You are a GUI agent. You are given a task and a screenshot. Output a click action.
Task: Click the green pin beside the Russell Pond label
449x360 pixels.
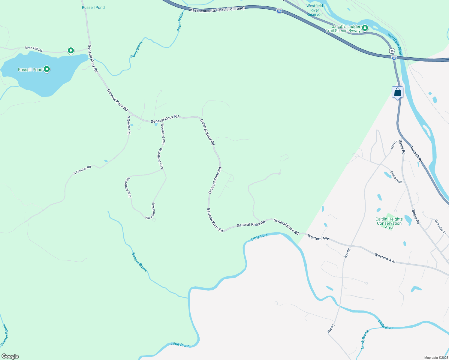[x=47, y=69]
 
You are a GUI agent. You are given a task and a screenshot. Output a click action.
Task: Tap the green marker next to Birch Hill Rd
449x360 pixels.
[x=71, y=51]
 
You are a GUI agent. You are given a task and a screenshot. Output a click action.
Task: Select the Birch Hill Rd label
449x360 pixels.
[x=33, y=49]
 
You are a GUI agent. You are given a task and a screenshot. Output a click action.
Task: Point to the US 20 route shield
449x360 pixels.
[x=392, y=51]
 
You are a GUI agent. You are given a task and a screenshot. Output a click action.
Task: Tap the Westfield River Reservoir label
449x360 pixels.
[x=315, y=10]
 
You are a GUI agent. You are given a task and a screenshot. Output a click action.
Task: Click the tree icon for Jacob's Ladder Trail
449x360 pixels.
[x=365, y=28]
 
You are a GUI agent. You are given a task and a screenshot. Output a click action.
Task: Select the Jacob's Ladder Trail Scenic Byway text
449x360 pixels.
[x=343, y=28]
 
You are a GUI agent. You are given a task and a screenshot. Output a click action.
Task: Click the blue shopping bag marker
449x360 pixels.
[x=397, y=92]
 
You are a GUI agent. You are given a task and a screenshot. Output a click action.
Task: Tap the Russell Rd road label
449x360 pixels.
[x=416, y=154]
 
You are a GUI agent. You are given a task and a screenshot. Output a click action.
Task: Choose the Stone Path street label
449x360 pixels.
[x=396, y=177]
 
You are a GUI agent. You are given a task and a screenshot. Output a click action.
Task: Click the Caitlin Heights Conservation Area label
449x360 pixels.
[x=389, y=223]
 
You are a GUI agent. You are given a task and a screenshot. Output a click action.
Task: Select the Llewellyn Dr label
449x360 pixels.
[x=441, y=226]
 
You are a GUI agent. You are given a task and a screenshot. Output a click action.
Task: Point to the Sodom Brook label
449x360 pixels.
[x=139, y=262]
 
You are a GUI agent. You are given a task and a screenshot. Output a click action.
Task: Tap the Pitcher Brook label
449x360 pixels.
[x=5, y=335]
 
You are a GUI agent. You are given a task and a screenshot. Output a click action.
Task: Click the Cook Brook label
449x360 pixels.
[x=364, y=340]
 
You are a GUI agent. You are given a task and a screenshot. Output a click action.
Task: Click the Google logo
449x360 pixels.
[x=10, y=356]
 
